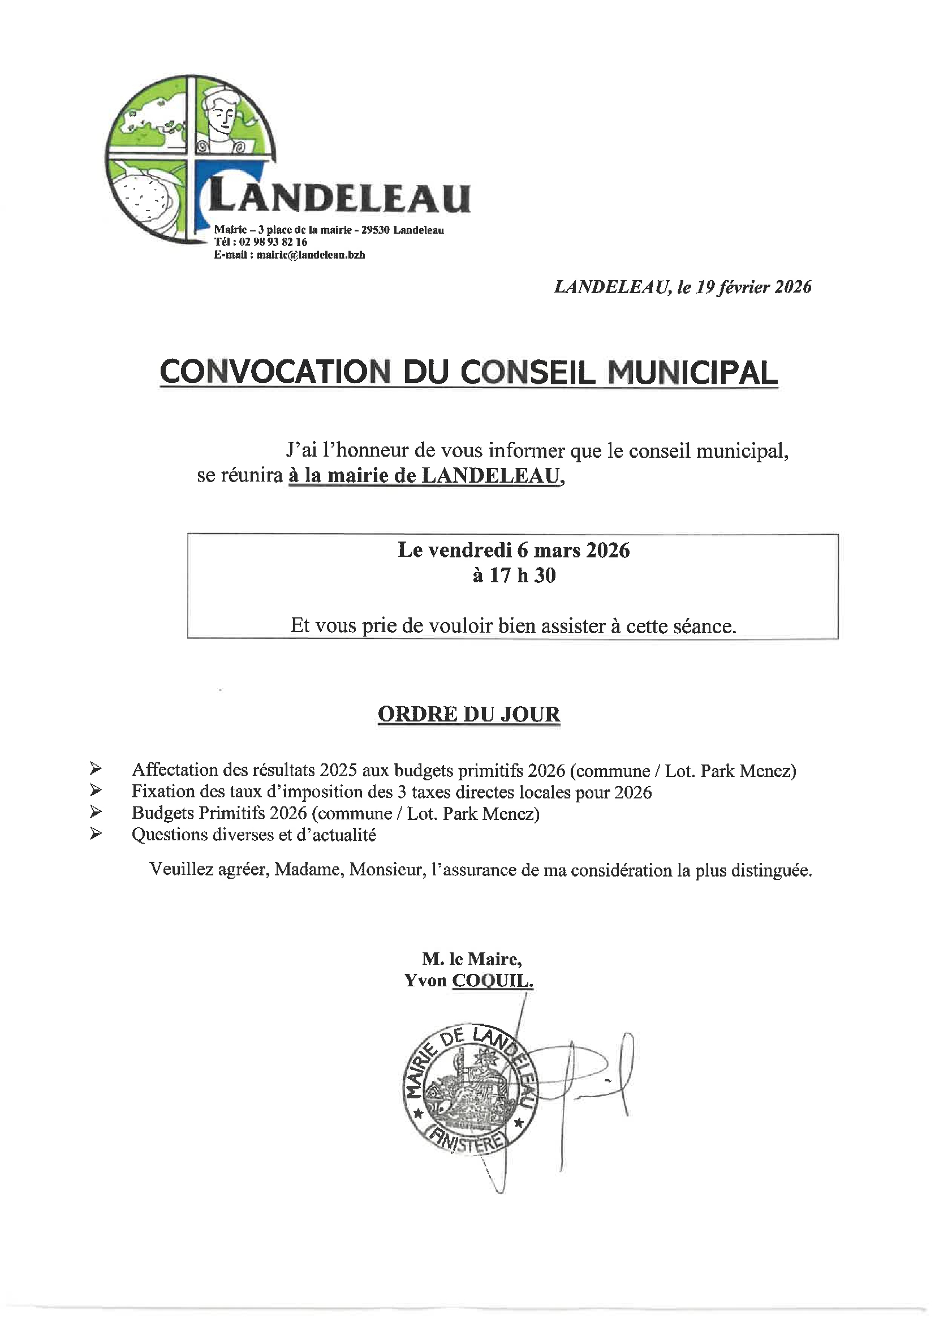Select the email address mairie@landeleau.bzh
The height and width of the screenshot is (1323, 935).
pos(311,255)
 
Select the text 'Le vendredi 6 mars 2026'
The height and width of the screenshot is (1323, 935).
pos(513,550)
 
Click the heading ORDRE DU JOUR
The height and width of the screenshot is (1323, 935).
pos(469,714)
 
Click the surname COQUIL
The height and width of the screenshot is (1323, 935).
pos(493,981)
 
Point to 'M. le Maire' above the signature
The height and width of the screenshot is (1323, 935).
pos(472,959)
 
